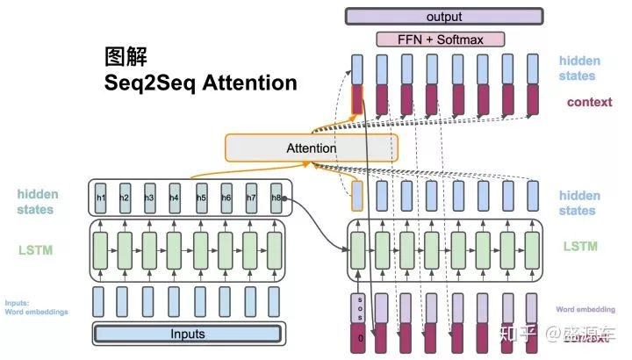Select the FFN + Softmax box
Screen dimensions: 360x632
pos(442,40)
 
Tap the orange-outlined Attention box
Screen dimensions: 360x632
pos(311,148)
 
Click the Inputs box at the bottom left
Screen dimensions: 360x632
pos(188,334)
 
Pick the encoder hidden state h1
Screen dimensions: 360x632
pos(101,198)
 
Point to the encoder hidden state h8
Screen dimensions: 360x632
pos(276,198)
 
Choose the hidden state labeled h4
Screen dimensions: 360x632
pos(175,198)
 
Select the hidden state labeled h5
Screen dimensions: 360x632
pos(201,198)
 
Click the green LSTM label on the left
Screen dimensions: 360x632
pos(35,250)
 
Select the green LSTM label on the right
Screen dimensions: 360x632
pos(580,247)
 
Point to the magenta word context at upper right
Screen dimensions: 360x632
pos(589,102)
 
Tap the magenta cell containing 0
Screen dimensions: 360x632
pos(357,335)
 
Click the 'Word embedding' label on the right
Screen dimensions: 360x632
pos(585,309)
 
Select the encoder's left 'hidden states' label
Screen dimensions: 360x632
pos(34,202)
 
